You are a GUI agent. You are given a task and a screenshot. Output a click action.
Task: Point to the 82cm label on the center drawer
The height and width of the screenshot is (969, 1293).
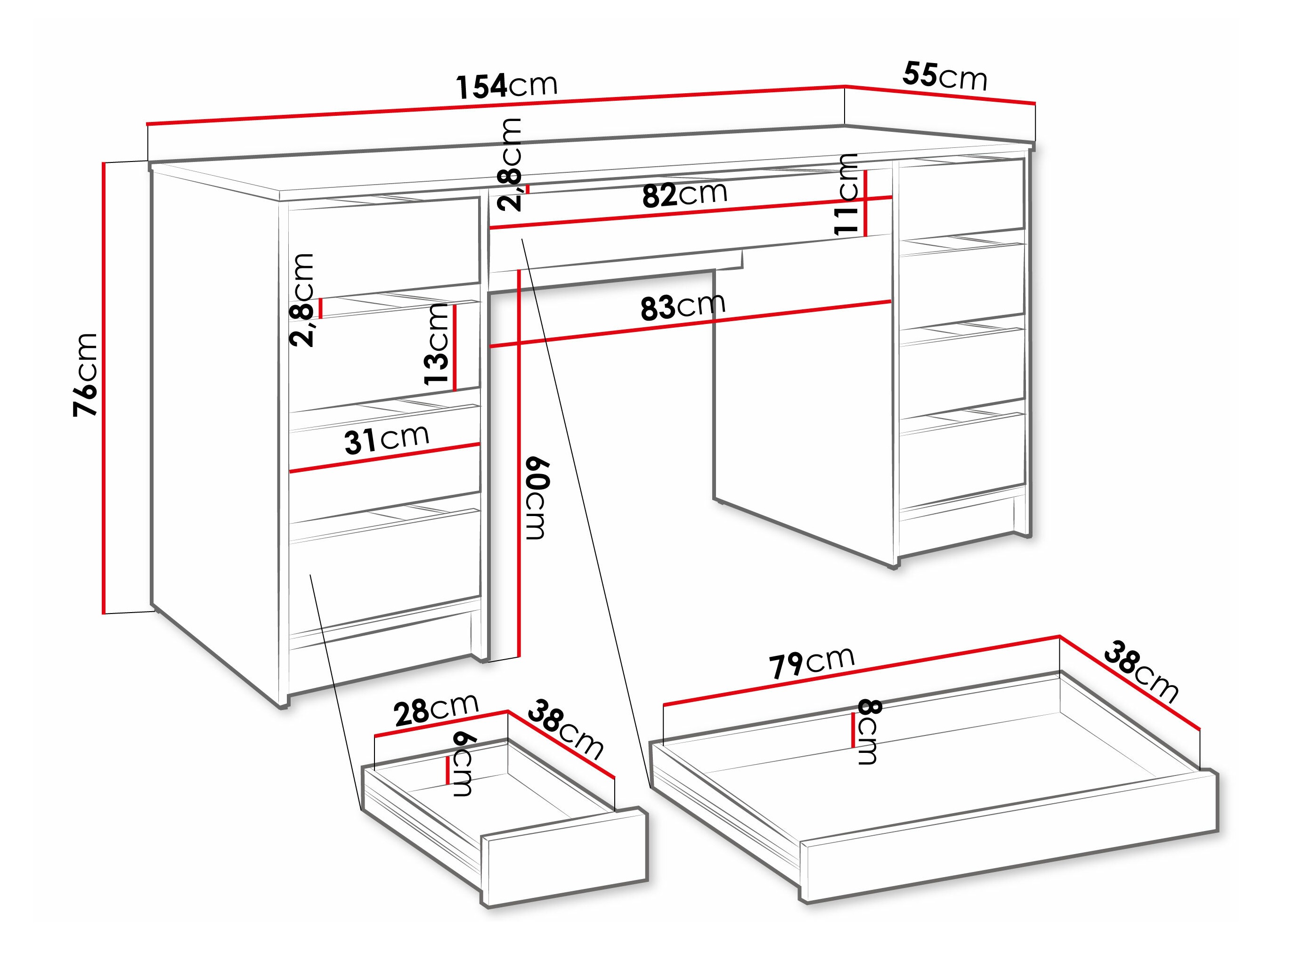[x=684, y=194]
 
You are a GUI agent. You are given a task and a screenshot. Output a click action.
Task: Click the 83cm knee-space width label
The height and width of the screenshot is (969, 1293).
[x=683, y=306]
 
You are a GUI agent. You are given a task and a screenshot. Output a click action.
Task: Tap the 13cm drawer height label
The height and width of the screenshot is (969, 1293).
[x=436, y=344]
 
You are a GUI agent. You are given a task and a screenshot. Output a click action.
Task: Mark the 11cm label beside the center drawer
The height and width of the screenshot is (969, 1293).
[x=845, y=194]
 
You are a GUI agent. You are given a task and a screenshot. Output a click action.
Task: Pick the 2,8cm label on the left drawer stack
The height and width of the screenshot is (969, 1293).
[x=303, y=300]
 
